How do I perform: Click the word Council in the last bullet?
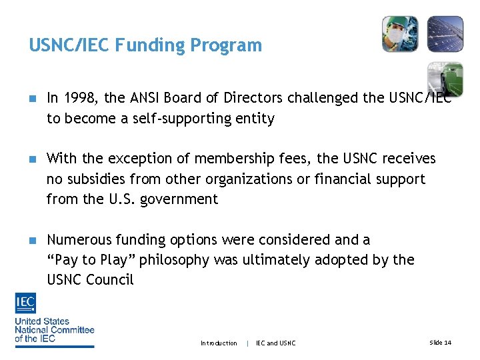coord(111,279)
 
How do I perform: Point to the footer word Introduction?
coord(219,343)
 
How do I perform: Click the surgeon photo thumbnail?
coord(400,34)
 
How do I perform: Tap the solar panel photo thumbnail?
coord(445,34)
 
